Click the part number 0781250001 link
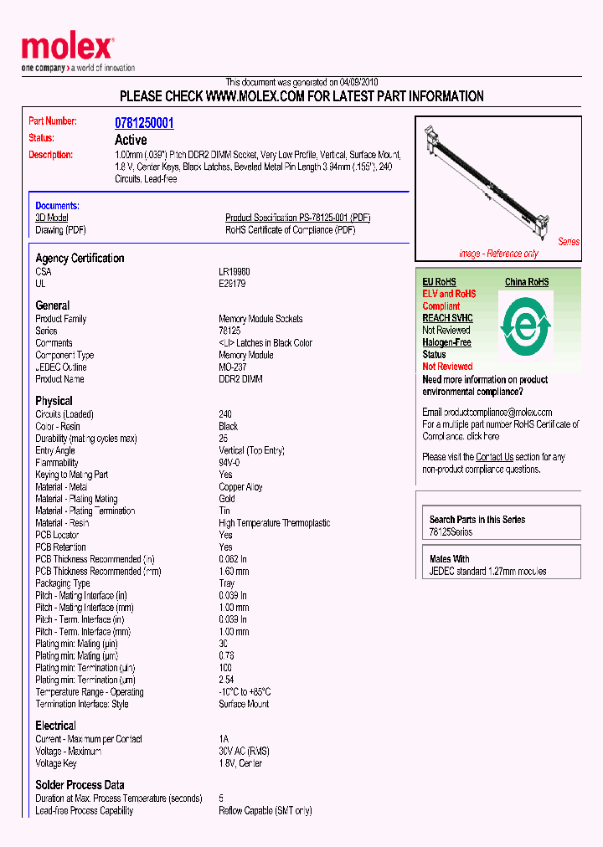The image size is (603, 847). point(144,123)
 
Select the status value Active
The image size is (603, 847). point(131,140)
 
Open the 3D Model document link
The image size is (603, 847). point(51,218)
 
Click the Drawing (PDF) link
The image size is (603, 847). point(60,230)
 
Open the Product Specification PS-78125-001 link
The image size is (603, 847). point(297,218)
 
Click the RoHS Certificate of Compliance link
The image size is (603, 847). point(290,230)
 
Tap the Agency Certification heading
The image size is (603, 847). point(80,258)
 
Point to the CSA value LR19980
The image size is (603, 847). point(234,272)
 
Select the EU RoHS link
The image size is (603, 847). point(439,282)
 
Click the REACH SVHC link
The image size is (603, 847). point(447,318)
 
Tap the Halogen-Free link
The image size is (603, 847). point(446,342)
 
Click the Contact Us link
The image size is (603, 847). point(494,457)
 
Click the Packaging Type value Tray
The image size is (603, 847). point(227,583)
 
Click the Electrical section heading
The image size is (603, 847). point(55,726)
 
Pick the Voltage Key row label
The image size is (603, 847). point(56,763)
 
